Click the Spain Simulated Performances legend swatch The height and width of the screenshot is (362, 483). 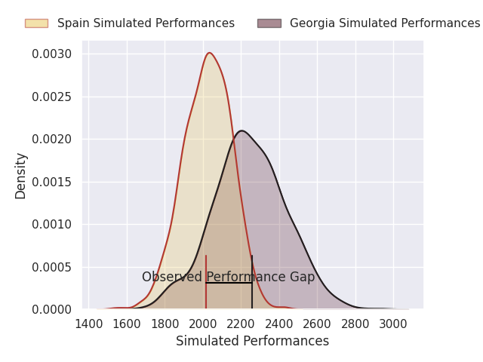(36, 23)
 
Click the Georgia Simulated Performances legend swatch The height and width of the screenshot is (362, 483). (269, 23)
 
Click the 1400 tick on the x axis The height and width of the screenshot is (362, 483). (89, 324)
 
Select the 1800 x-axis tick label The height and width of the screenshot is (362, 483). (165, 324)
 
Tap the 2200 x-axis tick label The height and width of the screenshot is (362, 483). (241, 324)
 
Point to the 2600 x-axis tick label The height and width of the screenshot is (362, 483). (317, 324)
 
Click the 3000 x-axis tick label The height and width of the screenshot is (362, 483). (393, 324)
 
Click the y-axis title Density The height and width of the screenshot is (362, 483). (21, 175)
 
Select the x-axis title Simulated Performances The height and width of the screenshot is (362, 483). (252, 342)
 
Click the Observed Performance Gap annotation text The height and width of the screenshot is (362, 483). (228, 278)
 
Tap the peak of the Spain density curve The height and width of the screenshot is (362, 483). (209, 53)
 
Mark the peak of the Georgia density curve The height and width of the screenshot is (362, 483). (241, 130)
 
